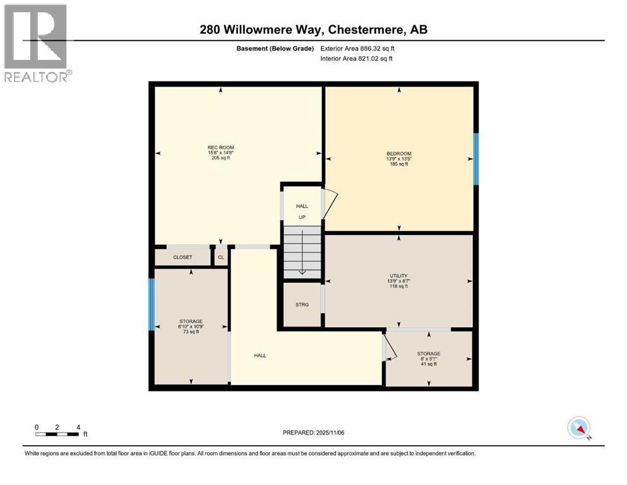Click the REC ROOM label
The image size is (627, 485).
[x=221, y=147]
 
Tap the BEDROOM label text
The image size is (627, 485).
[x=398, y=153]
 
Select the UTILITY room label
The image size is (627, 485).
[x=398, y=275]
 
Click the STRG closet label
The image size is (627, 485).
[x=302, y=304]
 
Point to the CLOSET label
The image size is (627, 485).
[x=182, y=258]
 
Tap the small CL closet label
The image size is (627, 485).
[x=220, y=258]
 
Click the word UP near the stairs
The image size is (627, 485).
[x=302, y=217]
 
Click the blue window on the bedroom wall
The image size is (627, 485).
[x=476, y=160]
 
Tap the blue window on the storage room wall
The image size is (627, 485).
[x=152, y=305]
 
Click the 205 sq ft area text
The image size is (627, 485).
[x=221, y=158]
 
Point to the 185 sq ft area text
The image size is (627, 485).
[x=398, y=164]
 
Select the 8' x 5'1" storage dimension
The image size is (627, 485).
[x=429, y=359]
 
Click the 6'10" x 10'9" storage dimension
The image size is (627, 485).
[x=190, y=326]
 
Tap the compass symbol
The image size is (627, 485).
[x=578, y=428]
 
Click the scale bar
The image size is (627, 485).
[x=57, y=434]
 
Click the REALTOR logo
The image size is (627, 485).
[x=36, y=43]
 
